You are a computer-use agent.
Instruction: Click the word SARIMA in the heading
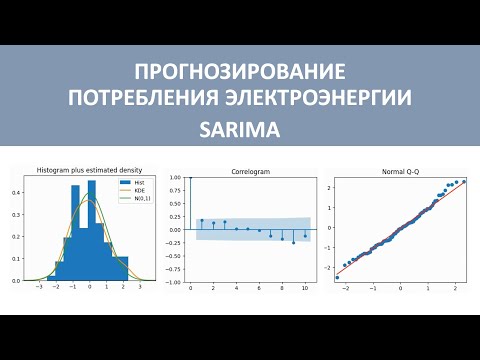pyautogui.click(x=240, y=130)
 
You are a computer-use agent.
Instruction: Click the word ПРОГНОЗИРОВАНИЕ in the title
pyautogui.click(x=240, y=72)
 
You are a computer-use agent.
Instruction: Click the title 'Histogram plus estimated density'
pyautogui.click(x=89, y=171)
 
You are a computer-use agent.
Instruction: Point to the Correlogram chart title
pyautogui.click(x=249, y=171)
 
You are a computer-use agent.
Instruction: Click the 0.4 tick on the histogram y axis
pyautogui.click(x=15, y=193)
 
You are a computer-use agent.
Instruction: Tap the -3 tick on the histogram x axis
pyautogui.click(x=38, y=287)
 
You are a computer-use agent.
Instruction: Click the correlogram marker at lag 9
pyautogui.click(x=293, y=243)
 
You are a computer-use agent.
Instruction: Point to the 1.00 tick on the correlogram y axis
pyautogui.click(x=175, y=178)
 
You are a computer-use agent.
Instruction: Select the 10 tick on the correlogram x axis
pyautogui.click(x=305, y=287)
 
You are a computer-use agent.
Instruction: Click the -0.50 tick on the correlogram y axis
pyautogui.click(x=174, y=256)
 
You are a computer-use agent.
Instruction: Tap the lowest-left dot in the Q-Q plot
pyautogui.click(x=337, y=277)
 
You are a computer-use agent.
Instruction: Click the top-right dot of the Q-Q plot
pyautogui.click(x=464, y=181)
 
